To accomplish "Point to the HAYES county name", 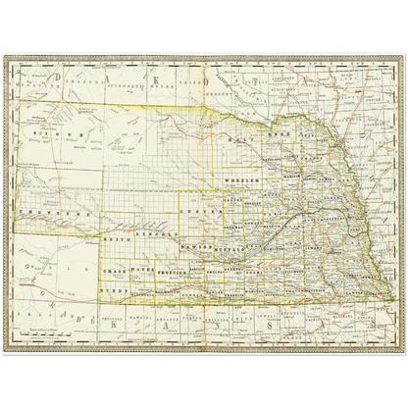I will [144, 271].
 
